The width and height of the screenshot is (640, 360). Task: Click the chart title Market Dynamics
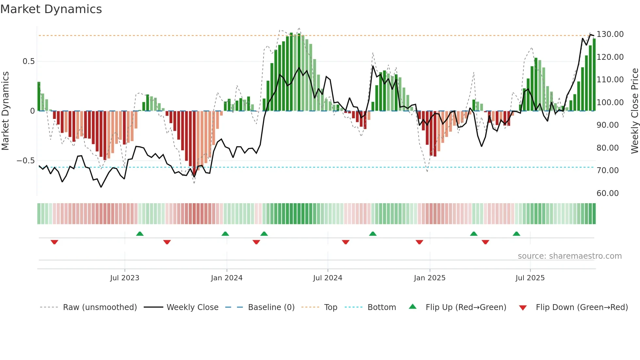click(x=51, y=9)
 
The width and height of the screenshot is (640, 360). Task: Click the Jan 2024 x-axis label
click(x=227, y=278)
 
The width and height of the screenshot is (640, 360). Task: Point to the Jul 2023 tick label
click(x=124, y=278)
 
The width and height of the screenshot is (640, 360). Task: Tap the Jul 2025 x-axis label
click(x=530, y=278)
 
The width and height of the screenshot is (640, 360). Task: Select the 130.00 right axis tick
click(x=610, y=34)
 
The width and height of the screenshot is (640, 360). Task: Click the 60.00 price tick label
click(x=607, y=193)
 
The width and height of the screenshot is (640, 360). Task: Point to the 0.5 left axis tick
click(x=28, y=61)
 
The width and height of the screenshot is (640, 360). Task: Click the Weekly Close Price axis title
click(x=634, y=111)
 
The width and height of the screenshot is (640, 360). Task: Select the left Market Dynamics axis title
click(x=6, y=111)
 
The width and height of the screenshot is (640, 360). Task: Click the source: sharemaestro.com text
click(x=569, y=256)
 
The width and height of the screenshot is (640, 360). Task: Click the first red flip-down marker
click(x=55, y=242)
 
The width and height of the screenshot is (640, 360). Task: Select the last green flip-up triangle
click(x=516, y=234)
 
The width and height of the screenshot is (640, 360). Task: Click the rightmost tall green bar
click(x=594, y=74)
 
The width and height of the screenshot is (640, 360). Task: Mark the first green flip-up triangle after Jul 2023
click(x=140, y=234)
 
